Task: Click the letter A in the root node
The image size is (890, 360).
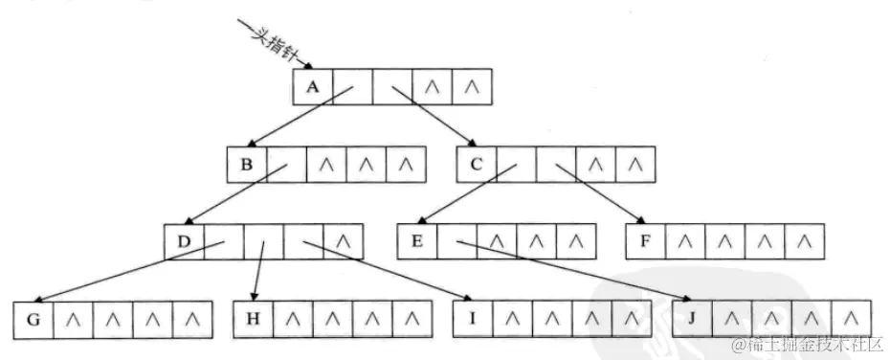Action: click(312, 86)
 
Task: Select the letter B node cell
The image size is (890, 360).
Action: click(247, 165)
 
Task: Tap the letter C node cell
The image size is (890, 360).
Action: click(477, 165)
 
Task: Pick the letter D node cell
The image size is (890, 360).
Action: click(184, 239)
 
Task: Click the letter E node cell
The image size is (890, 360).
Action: click(417, 239)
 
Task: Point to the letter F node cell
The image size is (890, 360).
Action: click(645, 239)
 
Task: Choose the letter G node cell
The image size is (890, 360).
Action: click(33, 319)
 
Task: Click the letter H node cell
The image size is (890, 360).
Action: click(253, 319)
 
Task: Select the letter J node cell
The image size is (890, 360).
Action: click(691, 319)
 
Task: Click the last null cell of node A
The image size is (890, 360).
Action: click(471, 87)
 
